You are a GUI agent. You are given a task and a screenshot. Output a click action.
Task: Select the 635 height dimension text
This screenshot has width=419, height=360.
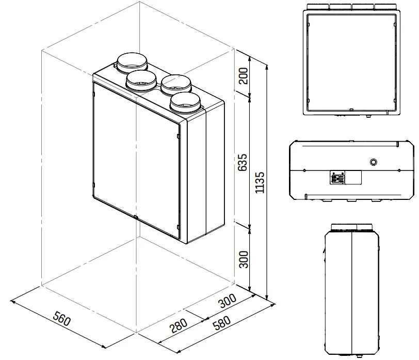click(244, 162)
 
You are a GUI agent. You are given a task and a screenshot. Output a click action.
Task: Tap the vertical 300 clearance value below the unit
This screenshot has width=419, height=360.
click(244, 259)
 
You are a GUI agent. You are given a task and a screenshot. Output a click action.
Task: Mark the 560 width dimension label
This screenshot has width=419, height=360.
click(61, 320)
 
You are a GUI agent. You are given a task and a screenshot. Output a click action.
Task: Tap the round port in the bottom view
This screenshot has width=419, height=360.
click(373, 163)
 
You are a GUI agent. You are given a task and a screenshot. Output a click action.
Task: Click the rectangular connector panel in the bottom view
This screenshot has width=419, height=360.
click(345, 178)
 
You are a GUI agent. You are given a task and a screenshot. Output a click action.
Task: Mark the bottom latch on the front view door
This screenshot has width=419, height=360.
click(351, 110)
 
